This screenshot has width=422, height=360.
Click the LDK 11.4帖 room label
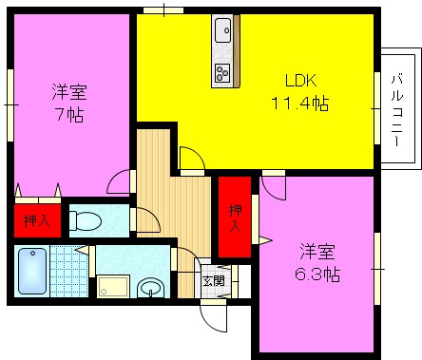(x=300, y=92)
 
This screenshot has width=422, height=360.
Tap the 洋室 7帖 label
(x=69, y=103)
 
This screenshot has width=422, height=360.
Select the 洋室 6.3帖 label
(x=317, y=263)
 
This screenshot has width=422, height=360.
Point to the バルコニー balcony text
(x=396, y=110)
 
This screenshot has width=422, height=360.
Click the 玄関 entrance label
(x=214, y=280)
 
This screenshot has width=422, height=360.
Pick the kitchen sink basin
(x=223, y=30)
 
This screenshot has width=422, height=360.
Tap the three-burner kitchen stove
(x=222, y=72)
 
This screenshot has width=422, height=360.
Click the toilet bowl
(x=85, y=220)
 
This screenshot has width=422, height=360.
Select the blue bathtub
(x=32, y=271)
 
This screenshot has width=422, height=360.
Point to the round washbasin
(x=151, y=288)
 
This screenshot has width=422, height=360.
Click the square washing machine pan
(x=113, y=287)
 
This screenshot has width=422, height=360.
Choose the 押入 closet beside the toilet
(x=37, y=220)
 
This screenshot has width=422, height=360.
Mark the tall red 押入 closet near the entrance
(x=235, y=218)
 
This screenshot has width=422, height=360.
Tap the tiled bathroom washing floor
(x=69, y=271)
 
